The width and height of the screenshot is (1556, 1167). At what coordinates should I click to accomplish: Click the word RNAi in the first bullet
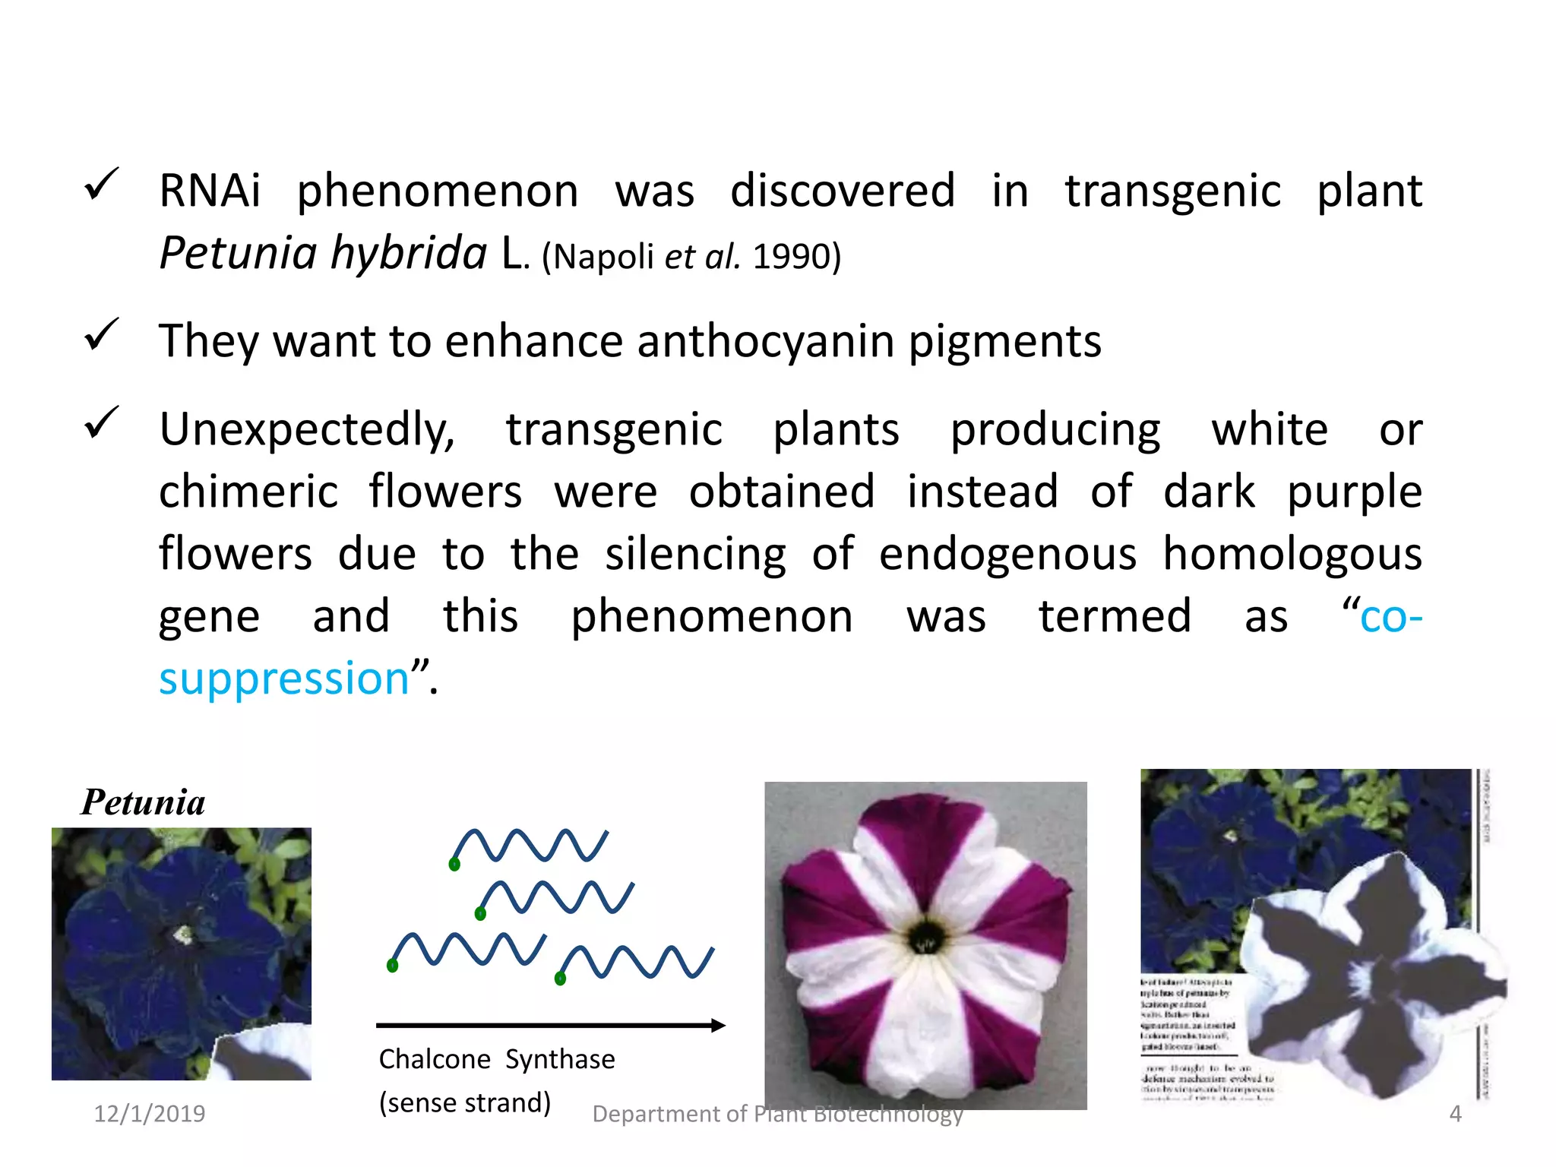(x=210, y=191)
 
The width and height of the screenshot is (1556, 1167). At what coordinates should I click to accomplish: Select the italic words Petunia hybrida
(x=323, y=253)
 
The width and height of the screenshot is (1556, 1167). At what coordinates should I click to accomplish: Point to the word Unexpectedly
(x=307, y=430)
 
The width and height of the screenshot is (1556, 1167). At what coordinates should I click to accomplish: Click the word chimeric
(x=248, y=492)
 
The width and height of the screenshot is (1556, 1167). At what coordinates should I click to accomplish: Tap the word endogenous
(x=1007, y=554)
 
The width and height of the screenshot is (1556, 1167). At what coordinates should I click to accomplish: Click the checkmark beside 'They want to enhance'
(x=101, y=335)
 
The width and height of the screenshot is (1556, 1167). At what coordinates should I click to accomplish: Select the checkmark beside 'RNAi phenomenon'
(x=101, y=185)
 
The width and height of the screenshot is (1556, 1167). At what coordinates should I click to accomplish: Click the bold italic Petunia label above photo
(x=143, y=802)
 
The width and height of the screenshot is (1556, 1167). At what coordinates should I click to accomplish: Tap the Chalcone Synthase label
(x=497, y=1059)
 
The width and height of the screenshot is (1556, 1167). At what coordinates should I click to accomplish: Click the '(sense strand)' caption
(x=465, y=1102)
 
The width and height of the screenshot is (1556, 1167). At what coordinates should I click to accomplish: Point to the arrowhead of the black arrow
(x=718, y=1026)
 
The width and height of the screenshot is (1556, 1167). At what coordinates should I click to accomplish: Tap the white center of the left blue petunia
(x=182, y=935)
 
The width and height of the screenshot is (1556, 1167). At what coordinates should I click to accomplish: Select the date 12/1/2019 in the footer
(x=149, y=1114)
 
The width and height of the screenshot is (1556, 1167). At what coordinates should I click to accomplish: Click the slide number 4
(x=1455, y=1114)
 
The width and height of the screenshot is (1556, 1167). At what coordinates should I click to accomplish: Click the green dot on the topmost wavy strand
(x=454, y=865)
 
